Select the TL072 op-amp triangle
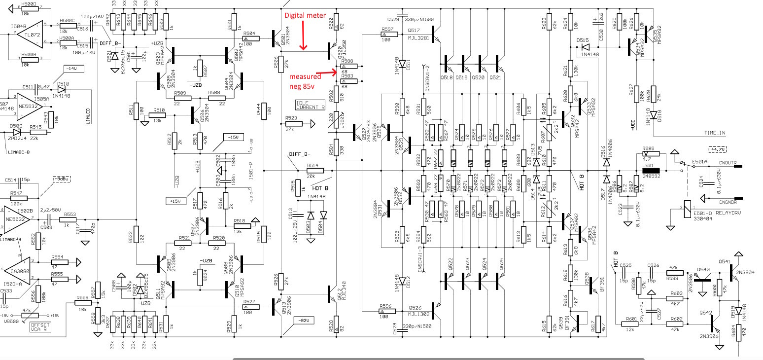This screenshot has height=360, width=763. tap(30, 35)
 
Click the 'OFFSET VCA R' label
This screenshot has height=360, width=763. tap(40, 328)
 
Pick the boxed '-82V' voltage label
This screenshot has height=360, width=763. tap(303, 320)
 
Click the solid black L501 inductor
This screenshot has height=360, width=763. tap(653, 170)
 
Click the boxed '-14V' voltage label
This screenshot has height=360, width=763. tap(73, 69)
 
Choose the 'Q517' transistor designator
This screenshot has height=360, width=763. tap(413, 31)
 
